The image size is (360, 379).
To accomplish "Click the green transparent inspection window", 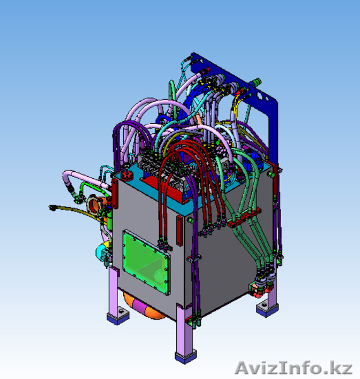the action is click(x=146, y=262).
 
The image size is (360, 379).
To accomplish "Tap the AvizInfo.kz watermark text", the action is click(x=294, y=368).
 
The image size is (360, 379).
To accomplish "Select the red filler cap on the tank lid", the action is click(x=127, y=175).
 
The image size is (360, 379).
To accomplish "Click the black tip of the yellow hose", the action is click(x=52, y=208).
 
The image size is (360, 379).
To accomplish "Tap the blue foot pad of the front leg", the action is click(x=186, y=358).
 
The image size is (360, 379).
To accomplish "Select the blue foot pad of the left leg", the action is click(x=117, y=317).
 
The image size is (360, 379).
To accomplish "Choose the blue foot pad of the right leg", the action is click(x=267, y=310).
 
